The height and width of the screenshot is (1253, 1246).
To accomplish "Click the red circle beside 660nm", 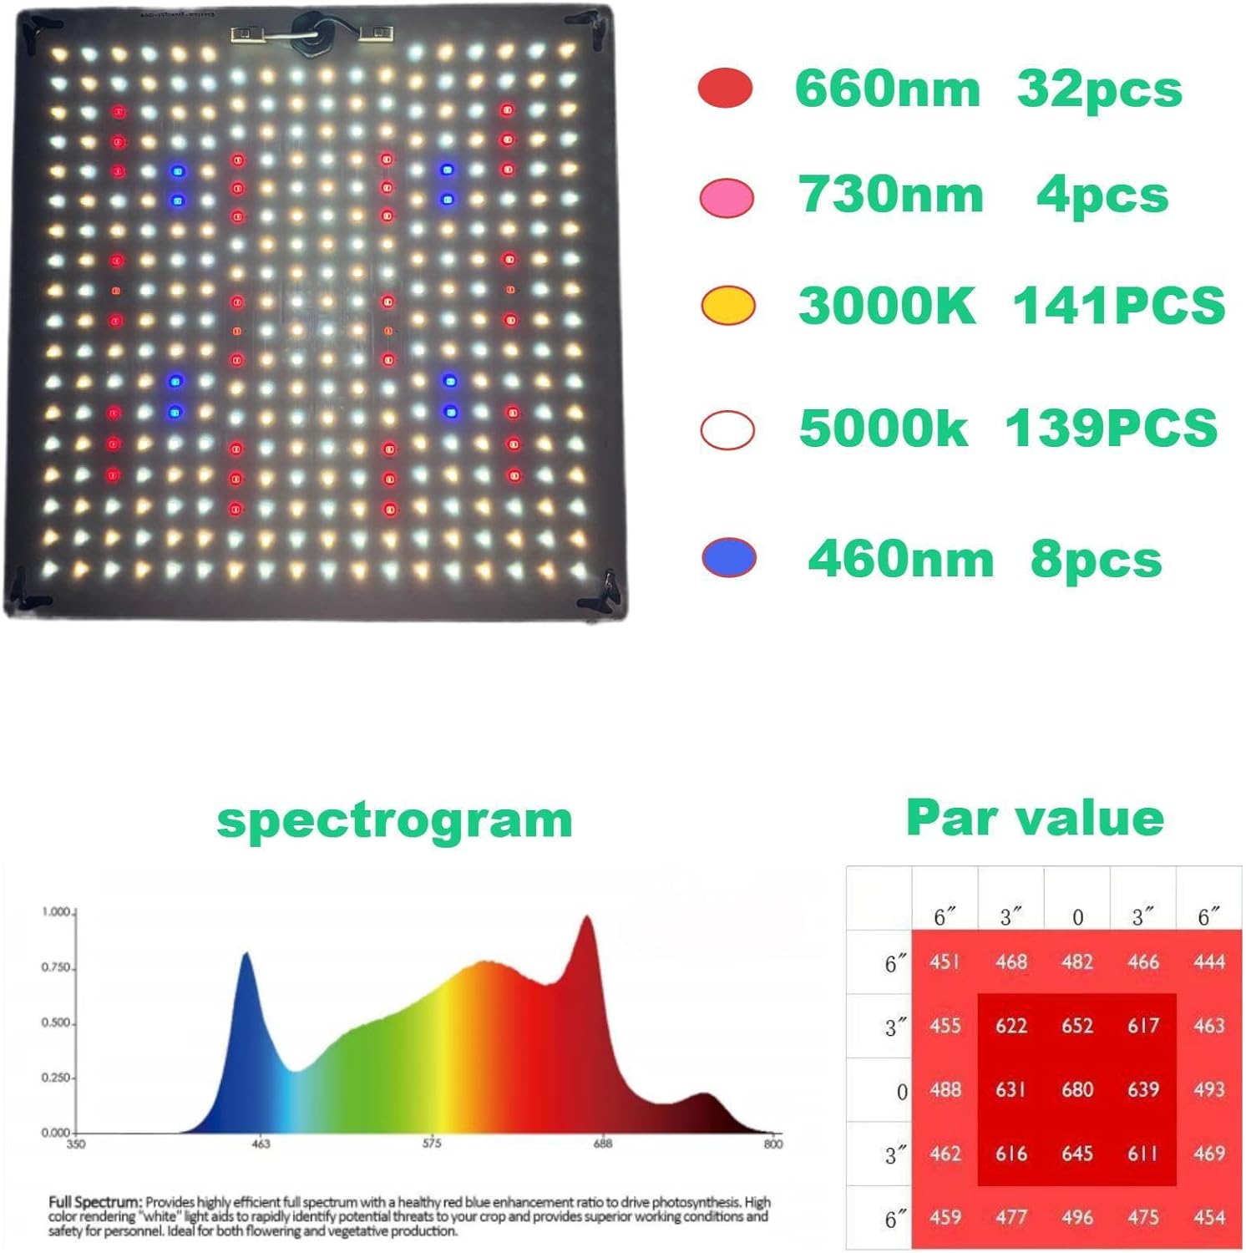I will pyautogui.click(x=725, y=89).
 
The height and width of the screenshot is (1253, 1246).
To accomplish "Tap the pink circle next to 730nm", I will pyautogui.click(x=727, y=198).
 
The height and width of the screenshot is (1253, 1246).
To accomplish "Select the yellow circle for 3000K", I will pyautogui.click(x=728, y=306).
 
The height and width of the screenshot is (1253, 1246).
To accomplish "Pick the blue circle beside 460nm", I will pyautogui.click(x=729, y=558).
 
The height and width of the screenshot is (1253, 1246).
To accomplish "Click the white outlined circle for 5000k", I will pyautogui.click(x=727, y=430).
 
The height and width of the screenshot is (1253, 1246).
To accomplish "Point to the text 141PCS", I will pyautogui.click(x=1118, y=306).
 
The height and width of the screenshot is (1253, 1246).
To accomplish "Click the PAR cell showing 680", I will pyautogui.click(x=1077, y=1089).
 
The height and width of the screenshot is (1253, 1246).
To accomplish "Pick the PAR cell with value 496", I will pyautogui.click(x=1077, y=1217).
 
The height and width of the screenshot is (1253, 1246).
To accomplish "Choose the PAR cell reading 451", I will pyautogui.click(x=945, y=961).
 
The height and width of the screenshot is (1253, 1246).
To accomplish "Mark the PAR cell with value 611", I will pyautogui.click(x=1142, y=1154).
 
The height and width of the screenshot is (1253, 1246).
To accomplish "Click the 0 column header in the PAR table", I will pyautogui.click(x=1077, y=917).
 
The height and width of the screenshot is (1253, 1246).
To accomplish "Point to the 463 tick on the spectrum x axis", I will pyautogui.click(x=261, y=1144).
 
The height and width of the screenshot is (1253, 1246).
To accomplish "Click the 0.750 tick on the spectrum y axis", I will pyautogui.click(x=56, y=967).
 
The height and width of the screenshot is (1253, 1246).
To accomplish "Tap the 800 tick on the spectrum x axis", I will pyautogui.click(x=773, y=1144).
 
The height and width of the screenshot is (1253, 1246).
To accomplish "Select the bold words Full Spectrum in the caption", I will pyautogui.click(x=94, y=1202).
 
